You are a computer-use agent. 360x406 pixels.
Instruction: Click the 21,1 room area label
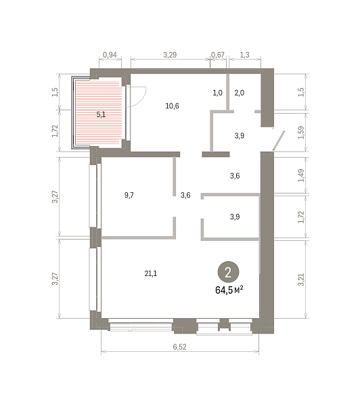(x=151, y=273)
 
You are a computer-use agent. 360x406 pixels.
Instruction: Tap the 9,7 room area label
(x=129, y=195)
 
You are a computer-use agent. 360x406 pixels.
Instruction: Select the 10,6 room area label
(x=173, y=106)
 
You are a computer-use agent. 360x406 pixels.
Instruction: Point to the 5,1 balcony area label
(x=101, y=114)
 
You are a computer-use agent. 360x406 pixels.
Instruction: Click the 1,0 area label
(x=217, y=93)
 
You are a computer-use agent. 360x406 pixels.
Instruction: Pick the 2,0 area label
(x=240, y=93)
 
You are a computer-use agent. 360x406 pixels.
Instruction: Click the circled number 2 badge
(x=228, y=272)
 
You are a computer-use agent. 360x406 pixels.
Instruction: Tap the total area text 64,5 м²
(x=229, y=290)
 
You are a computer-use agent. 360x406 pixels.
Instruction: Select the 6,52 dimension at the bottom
(x=180, y=346)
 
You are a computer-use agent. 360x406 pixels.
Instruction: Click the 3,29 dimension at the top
(x=170, y=55)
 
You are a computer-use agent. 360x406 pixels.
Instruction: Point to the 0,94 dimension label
(x=110, y=55)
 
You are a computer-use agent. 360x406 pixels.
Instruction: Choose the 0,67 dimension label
(x=218, y=55)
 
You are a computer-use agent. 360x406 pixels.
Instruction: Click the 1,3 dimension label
(x=245, y=55)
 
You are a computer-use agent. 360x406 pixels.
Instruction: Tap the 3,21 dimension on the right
(x=301, y=279)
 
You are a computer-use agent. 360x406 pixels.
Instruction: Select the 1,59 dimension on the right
(x=301, y=133)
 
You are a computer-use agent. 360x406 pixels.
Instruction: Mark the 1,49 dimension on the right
(x=301, y=175)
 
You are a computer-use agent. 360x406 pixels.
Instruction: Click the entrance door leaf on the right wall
(x=278, y=141)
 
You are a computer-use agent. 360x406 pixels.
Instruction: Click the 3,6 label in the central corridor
(x=185, y=195)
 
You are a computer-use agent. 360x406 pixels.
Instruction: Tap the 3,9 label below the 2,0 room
(x=240, y=136)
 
